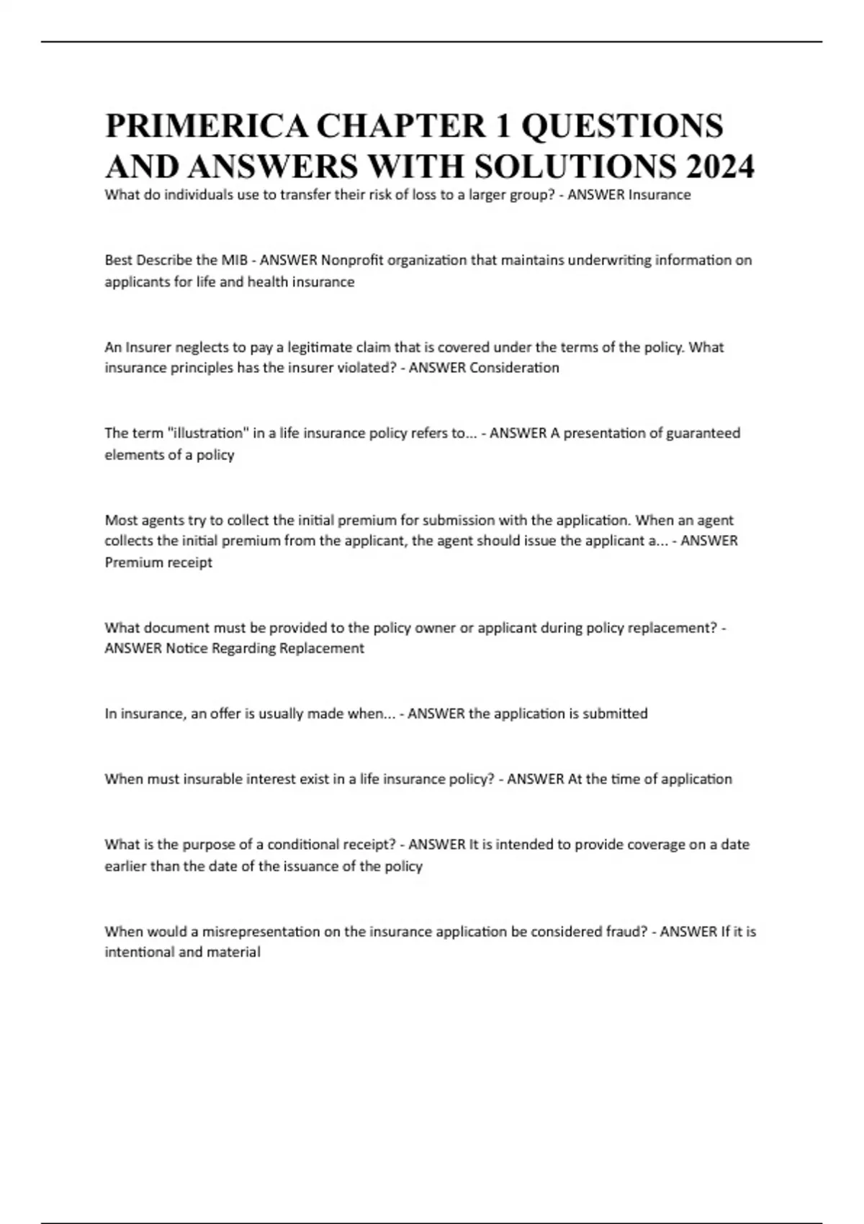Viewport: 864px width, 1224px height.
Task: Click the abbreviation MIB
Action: tap(234, 260)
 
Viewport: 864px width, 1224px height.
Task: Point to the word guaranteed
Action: tap(703, 433)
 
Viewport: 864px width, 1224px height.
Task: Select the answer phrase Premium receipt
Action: tap(158, 562)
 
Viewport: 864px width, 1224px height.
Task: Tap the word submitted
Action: tap(615, 714)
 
